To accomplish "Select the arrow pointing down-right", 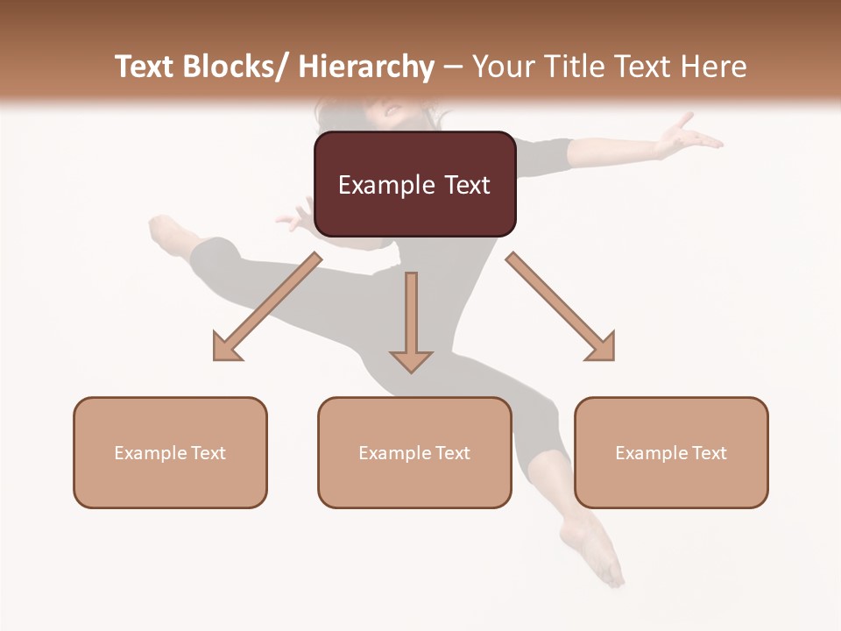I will (561, 308).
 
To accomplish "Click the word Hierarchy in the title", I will (366, 67).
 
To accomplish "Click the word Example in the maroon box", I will (386, 185).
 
